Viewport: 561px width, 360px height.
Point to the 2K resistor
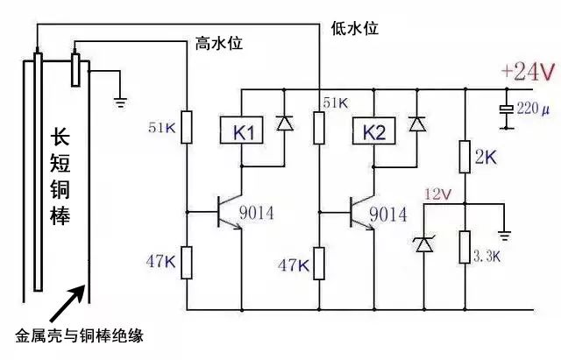465,159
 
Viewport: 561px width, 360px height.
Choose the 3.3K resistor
465,248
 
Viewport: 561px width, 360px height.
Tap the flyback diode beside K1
284,124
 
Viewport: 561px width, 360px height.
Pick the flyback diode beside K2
416,124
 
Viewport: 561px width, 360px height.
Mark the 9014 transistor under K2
359,213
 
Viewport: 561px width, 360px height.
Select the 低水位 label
355,28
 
